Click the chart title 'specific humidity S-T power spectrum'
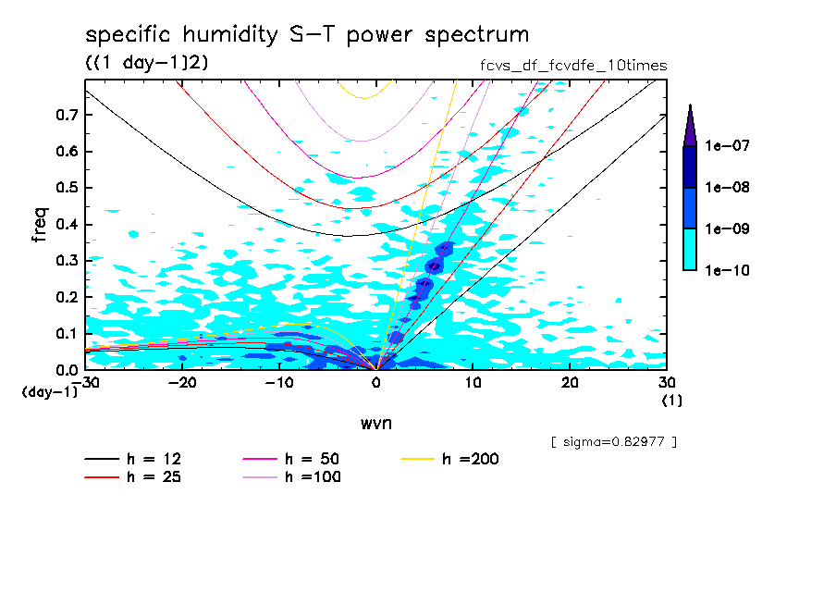[307, 35]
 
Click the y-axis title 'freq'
[41, 225]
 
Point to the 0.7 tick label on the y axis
[68, 115]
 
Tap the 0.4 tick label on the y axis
[68, 225]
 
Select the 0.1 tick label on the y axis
[68, 334]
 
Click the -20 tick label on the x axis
[181, 383]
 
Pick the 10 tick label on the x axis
[473, 383]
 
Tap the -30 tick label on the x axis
[85, 383]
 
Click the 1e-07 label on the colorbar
[726, 146]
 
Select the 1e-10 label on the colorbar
[726, 270]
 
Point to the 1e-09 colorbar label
[726, 228]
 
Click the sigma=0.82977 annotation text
[613, 441]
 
